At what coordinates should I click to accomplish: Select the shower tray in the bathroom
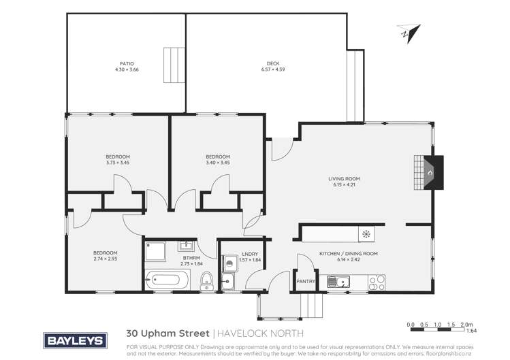pyautogui.click(x=155, y=252)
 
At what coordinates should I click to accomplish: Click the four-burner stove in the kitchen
pyautogui.click(x=377, y=280)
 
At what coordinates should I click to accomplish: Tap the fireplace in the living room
pyautogui.click(x=428, y=172)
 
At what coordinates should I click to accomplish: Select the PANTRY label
pyautogui.click(x=304, y=278)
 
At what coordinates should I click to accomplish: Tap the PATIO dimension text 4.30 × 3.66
pyautogui.click(x=126, y=69)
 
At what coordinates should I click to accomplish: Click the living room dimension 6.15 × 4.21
pyautogui.click(x=346, y=185)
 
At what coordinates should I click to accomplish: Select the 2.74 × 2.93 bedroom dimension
pyautogui.click(x=106, y=259)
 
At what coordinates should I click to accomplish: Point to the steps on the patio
pyautogui.click(x=174, y=66)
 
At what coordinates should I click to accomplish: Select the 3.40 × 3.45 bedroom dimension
pyautogui.click(x=218, y=163)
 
